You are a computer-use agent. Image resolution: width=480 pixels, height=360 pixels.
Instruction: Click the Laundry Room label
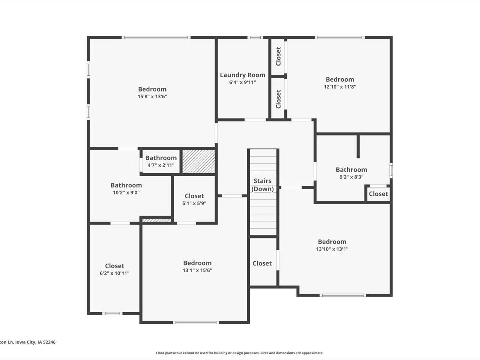coord(242,75)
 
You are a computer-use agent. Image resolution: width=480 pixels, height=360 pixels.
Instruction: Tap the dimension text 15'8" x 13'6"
coord(152,96)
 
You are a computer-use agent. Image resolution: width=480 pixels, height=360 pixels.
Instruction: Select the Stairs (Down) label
coord(262,185)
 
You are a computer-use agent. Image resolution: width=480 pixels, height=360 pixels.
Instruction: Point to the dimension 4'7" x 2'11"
coord(161,165)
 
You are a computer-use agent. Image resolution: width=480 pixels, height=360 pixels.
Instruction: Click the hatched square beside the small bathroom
coord(199,161)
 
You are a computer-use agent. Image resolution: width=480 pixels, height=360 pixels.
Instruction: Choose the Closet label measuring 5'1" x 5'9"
coord(194,196)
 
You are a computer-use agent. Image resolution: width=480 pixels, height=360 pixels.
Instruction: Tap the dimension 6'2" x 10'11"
coord(114,273)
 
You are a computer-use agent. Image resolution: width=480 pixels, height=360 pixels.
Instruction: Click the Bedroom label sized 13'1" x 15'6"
coord(197,263)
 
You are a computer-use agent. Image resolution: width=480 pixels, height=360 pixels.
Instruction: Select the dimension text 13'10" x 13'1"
coord(332,249)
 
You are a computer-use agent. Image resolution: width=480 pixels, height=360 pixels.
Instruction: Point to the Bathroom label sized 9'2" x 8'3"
coord(351,169)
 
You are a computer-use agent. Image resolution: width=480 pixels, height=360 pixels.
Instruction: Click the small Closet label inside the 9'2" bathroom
coord(378,194)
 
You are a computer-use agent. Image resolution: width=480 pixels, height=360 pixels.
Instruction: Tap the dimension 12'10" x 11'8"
coord(340,87)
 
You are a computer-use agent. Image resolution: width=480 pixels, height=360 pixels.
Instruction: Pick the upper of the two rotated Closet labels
coord(278,56)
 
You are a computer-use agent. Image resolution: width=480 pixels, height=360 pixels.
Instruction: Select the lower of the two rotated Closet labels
coord(278,99)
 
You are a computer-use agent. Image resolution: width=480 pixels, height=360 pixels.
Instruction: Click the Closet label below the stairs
coord(262,263)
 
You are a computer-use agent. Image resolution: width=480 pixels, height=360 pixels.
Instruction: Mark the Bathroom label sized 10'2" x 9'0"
coord(126,185)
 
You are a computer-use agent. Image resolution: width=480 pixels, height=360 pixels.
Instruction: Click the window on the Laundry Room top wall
coord(255,37)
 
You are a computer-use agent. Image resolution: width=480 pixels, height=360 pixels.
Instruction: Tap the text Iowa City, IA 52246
coord(35,342)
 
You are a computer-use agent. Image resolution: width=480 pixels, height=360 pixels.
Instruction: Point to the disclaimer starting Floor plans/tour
coord(240,353)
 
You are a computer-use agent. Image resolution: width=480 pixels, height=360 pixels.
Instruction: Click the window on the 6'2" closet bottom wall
coord(112,313)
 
